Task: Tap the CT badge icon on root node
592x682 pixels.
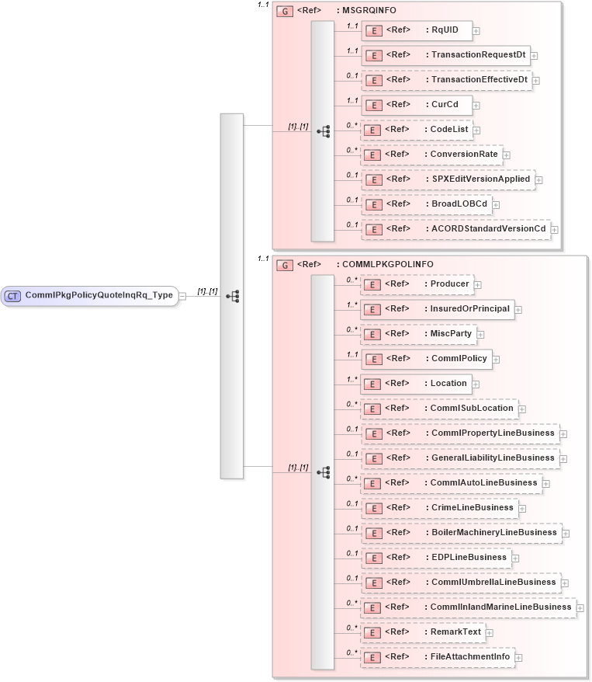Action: [13, 295]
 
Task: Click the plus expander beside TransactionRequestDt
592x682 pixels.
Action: [535, 56]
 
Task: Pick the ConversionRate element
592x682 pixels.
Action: [431, 155]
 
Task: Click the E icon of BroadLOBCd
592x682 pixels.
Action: [373, 204]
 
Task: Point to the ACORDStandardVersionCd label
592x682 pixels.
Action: [488, 228]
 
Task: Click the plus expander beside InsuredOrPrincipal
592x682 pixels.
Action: [518, 310]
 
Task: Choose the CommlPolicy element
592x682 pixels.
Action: [428, 358]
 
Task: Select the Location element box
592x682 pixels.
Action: [416, 383]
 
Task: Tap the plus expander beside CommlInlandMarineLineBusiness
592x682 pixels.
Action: [580, 608]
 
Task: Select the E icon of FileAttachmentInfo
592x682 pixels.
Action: [373, 657]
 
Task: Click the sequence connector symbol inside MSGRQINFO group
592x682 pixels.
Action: [323, 131]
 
